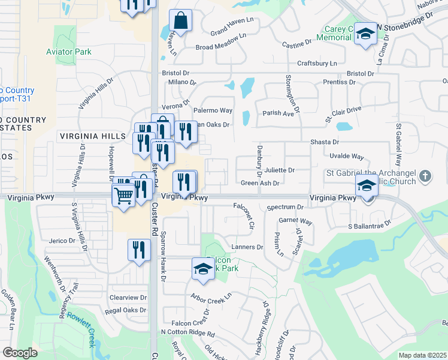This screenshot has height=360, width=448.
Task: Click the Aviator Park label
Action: tap(69, 52)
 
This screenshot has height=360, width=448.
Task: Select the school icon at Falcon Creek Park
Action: tap(203, 268)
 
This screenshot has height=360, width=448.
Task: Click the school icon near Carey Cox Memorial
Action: tap(364, 34)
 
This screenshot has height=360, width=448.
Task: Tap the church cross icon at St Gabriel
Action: tap(425, 176)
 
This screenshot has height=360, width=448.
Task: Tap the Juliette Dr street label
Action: tap(279, 170)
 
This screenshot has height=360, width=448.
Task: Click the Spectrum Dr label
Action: tap(286, 207)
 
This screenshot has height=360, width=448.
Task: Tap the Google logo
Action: tap(20, 353)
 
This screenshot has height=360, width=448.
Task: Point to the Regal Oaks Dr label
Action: tap(126, 310)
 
